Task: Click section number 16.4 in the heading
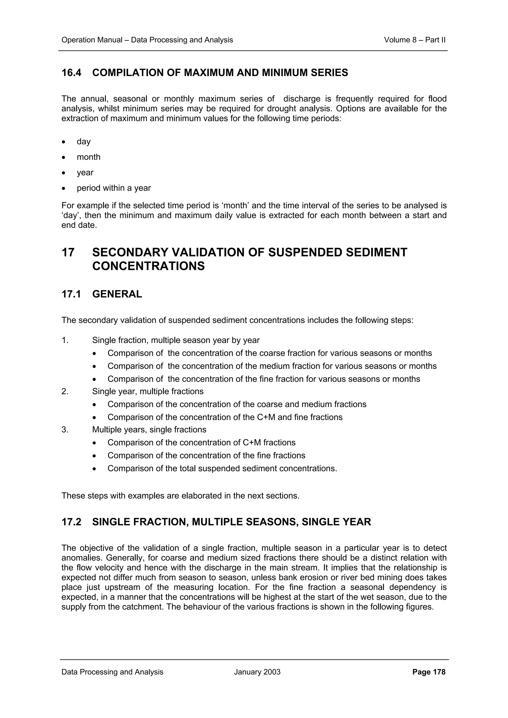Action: (71, 73)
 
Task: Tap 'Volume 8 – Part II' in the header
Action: (414, 40)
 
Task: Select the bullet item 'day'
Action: (84, 142)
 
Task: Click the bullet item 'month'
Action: (89, 157)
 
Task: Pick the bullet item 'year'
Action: (85, 173)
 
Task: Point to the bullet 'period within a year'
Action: (114, 188)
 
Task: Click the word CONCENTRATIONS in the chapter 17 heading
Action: (148, 266)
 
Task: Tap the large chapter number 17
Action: (68, 252)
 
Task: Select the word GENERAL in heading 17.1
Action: (117, 294)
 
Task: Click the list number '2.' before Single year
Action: (65, 391)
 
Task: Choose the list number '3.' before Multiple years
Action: (65, 430)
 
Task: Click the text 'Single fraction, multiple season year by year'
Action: (176, 340)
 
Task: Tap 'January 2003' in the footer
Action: (257, 672)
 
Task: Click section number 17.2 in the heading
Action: (71, 522)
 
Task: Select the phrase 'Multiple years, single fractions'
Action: (149, 430)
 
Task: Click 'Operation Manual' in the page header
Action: (92, 40)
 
